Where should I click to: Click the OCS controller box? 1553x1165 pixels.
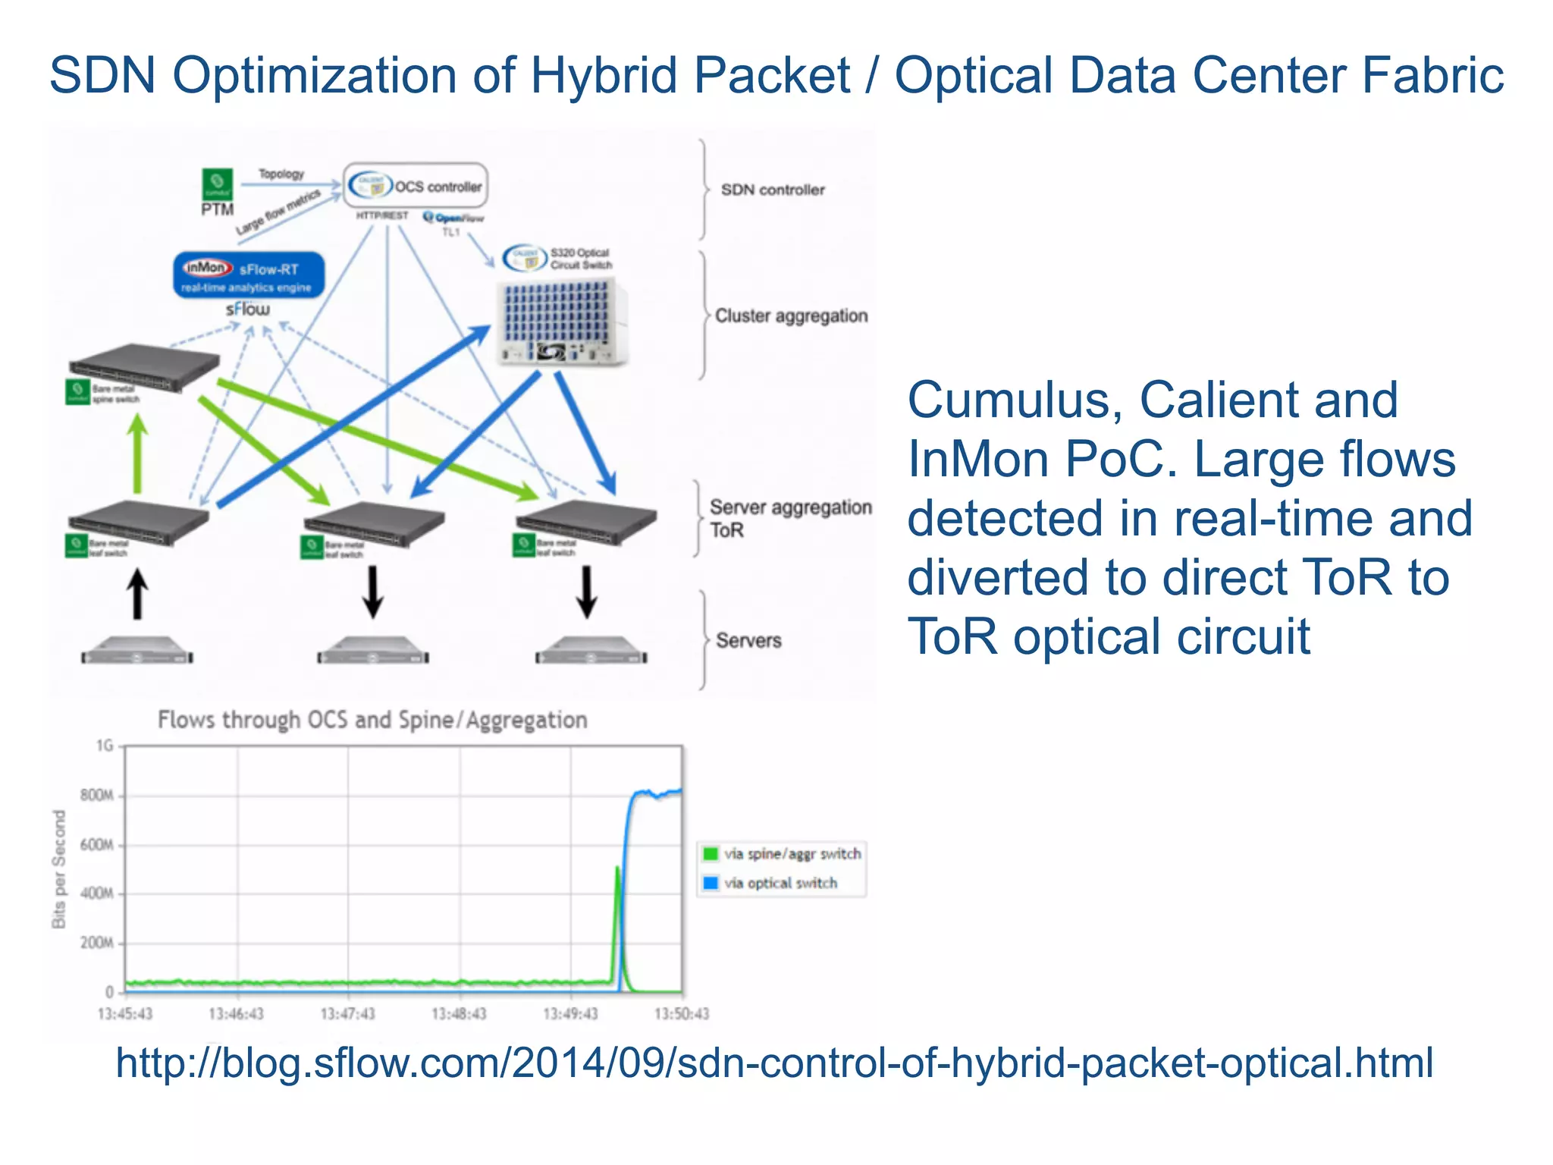[416, 186]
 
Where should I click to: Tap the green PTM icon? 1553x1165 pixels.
[217, 184]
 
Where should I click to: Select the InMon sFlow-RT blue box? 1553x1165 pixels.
[249, 275]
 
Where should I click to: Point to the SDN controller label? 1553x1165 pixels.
[772, 190]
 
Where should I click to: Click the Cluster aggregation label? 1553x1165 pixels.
[791, 316]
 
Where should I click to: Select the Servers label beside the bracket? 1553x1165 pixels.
[748, 640]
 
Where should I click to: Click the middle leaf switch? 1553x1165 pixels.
[373, 523]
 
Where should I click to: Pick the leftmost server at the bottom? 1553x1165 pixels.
[137, 651]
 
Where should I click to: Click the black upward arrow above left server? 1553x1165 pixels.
[137, 595]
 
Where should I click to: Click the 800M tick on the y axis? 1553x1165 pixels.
[97, 795]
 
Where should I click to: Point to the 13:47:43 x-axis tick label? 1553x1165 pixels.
[347, 1014]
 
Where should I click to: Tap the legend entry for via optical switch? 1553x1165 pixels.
[780, 883]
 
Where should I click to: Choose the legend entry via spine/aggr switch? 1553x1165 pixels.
[791, 854]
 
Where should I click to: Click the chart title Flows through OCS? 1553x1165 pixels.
[372, 720]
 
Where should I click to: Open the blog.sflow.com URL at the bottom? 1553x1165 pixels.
[773, 1062]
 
